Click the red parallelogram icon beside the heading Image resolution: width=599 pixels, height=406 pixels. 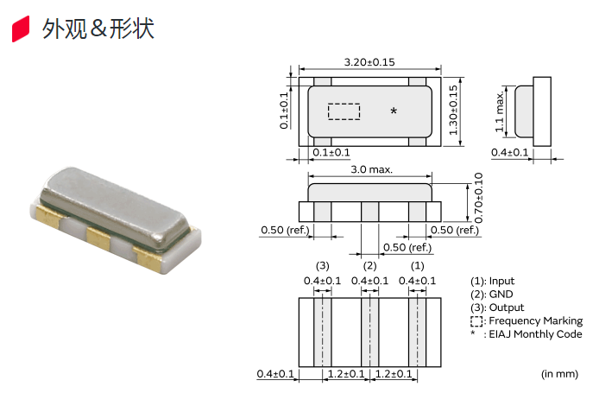click(22, 29)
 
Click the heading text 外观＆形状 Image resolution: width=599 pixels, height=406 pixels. click(98, 29)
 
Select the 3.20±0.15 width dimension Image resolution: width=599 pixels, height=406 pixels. click(369, 62)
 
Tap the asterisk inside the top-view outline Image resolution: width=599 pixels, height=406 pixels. click(394, 111)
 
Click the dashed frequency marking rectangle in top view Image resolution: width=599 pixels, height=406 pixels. click(344, 111)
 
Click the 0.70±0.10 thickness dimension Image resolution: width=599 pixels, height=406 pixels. click(478, 198)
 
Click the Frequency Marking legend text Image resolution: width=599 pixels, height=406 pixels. click(534, 321)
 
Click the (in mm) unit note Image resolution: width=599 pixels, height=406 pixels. click(558, 374)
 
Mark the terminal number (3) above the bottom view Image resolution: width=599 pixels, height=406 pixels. click(322, 265)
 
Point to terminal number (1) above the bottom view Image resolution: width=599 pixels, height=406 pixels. click(417, 265)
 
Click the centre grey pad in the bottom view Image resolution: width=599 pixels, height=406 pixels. click(369, 331)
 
